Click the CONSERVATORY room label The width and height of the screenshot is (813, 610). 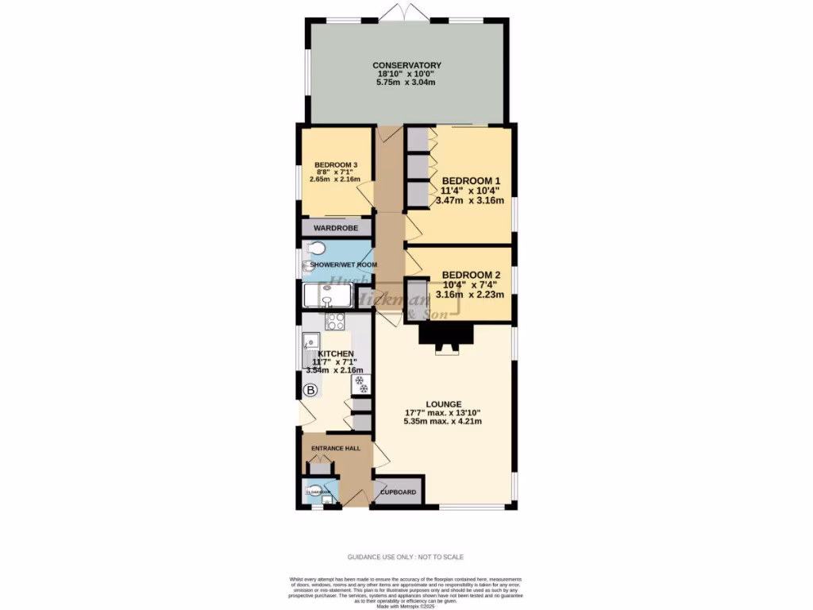tap(406, 65)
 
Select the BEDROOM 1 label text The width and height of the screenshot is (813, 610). tap(471, 180)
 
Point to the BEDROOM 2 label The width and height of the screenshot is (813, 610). tap(471, 275)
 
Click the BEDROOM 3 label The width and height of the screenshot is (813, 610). tap(336, 164)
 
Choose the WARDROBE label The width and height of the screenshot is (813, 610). tap(337, 228)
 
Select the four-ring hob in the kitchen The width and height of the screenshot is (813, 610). tap(335, 321)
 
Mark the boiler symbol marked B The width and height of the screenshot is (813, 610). tap(311, 390)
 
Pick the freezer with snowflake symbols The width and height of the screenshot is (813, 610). tap(360, 384)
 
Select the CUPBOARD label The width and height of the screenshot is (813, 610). tap(399, 492)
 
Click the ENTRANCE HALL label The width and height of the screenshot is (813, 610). tap(335, 448)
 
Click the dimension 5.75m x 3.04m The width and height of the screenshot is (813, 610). tap(406, 83)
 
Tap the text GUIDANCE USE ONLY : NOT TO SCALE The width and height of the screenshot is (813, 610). tap(406, 557)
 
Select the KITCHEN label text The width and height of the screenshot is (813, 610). tap(336, 353)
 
